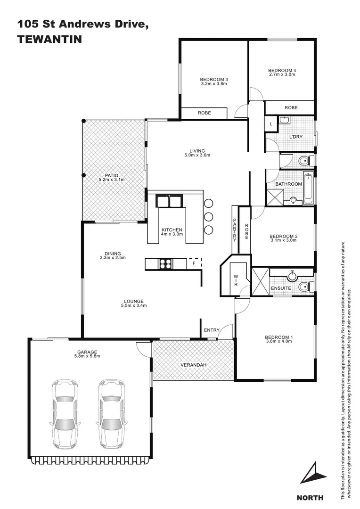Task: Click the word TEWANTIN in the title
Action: tap(49, 40)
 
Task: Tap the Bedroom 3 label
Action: tap(214, 79)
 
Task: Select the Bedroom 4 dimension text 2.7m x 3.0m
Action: tap(282, 74)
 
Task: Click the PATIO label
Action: tap(112, 175)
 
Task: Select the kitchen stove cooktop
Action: tap(165, 264)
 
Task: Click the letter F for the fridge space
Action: tap(194, 264)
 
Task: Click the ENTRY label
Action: tap(212, 330)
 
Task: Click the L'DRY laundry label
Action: tap(295, 137)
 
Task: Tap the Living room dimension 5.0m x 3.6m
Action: tap(196, 155)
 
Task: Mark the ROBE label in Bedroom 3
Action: tap(204, 113)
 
